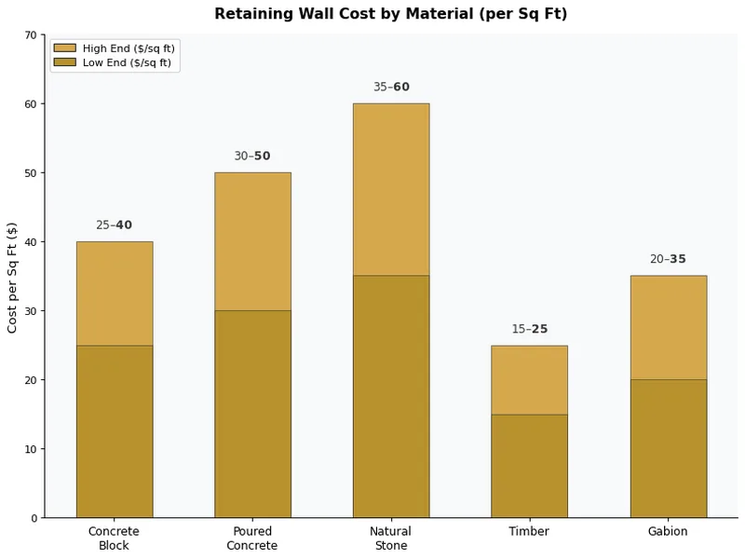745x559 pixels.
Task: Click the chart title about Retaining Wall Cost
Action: click(x=390, y=14)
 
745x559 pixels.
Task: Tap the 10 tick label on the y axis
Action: click(x=31, y=449)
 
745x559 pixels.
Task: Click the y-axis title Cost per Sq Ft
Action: click(x=13, y=277)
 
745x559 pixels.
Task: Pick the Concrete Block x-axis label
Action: click(x=114, y=538)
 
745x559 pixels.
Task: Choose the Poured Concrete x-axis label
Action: click(x=251, y=538)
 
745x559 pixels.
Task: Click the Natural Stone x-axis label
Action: click(x=390, y=538)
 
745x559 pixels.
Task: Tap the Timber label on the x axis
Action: click(x=529, y=531)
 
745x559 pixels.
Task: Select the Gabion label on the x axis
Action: click(x=668, y=531)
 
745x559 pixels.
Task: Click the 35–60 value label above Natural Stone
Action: click(x=391, y=87)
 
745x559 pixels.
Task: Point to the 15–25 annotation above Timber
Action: click(x=529, y=329)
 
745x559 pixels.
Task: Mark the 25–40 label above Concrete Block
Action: click(x=114, y=225)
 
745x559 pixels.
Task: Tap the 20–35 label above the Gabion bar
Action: click(x=668, y=259)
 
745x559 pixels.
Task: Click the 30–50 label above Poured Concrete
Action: click(x=251, y=156)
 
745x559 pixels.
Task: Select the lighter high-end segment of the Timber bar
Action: click(x=529, y=379)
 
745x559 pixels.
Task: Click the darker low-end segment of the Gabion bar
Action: click(x=668, y=448)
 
